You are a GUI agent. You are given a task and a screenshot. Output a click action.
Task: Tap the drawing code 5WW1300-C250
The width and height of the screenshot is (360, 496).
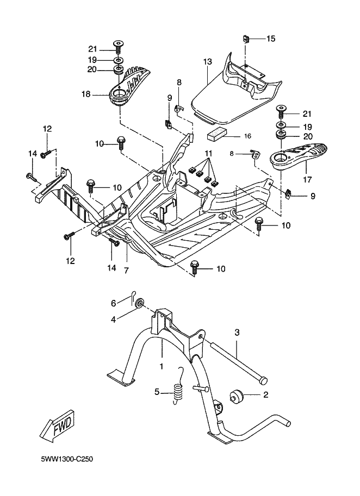[67, 460]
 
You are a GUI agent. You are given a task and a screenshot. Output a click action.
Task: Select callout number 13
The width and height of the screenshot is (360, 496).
[207, 62]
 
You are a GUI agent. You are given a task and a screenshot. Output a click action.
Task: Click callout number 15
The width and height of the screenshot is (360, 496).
[270, 38]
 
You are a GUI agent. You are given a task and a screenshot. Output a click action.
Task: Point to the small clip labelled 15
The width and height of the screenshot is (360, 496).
[245, 39]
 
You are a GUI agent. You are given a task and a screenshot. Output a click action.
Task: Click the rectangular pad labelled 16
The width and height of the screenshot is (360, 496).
[218, 134]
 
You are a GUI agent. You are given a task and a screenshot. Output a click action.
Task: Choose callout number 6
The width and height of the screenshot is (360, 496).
[114, 303]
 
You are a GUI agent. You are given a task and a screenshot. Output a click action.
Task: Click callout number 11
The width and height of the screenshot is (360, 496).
[207, 154]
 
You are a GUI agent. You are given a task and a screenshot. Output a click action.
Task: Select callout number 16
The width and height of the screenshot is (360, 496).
[247, 136]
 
